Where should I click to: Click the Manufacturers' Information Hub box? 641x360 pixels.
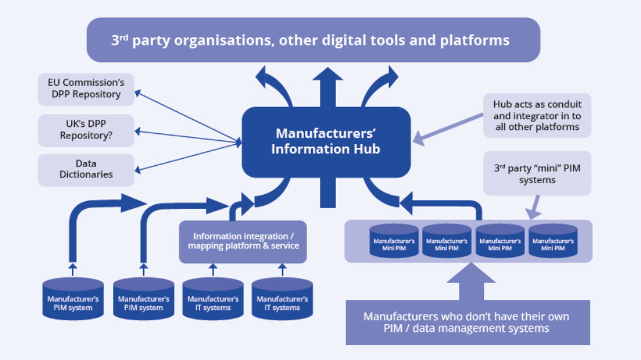(326, 142)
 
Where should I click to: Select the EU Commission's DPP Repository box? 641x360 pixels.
(86, 89)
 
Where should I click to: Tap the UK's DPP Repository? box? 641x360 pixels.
(86, 130)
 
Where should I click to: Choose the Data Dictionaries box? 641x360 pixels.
(86, 170)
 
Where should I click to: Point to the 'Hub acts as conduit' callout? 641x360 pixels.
(537, 115)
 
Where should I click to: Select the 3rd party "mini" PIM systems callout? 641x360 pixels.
(537, 175)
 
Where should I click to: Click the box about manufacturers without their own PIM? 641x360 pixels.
(467, 322)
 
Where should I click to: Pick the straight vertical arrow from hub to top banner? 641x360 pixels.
(331, 86)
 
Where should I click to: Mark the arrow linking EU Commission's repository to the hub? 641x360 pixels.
(186, 115)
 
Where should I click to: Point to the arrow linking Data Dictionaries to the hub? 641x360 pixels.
(186, 157)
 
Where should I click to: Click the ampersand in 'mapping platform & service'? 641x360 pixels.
(264, 246)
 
